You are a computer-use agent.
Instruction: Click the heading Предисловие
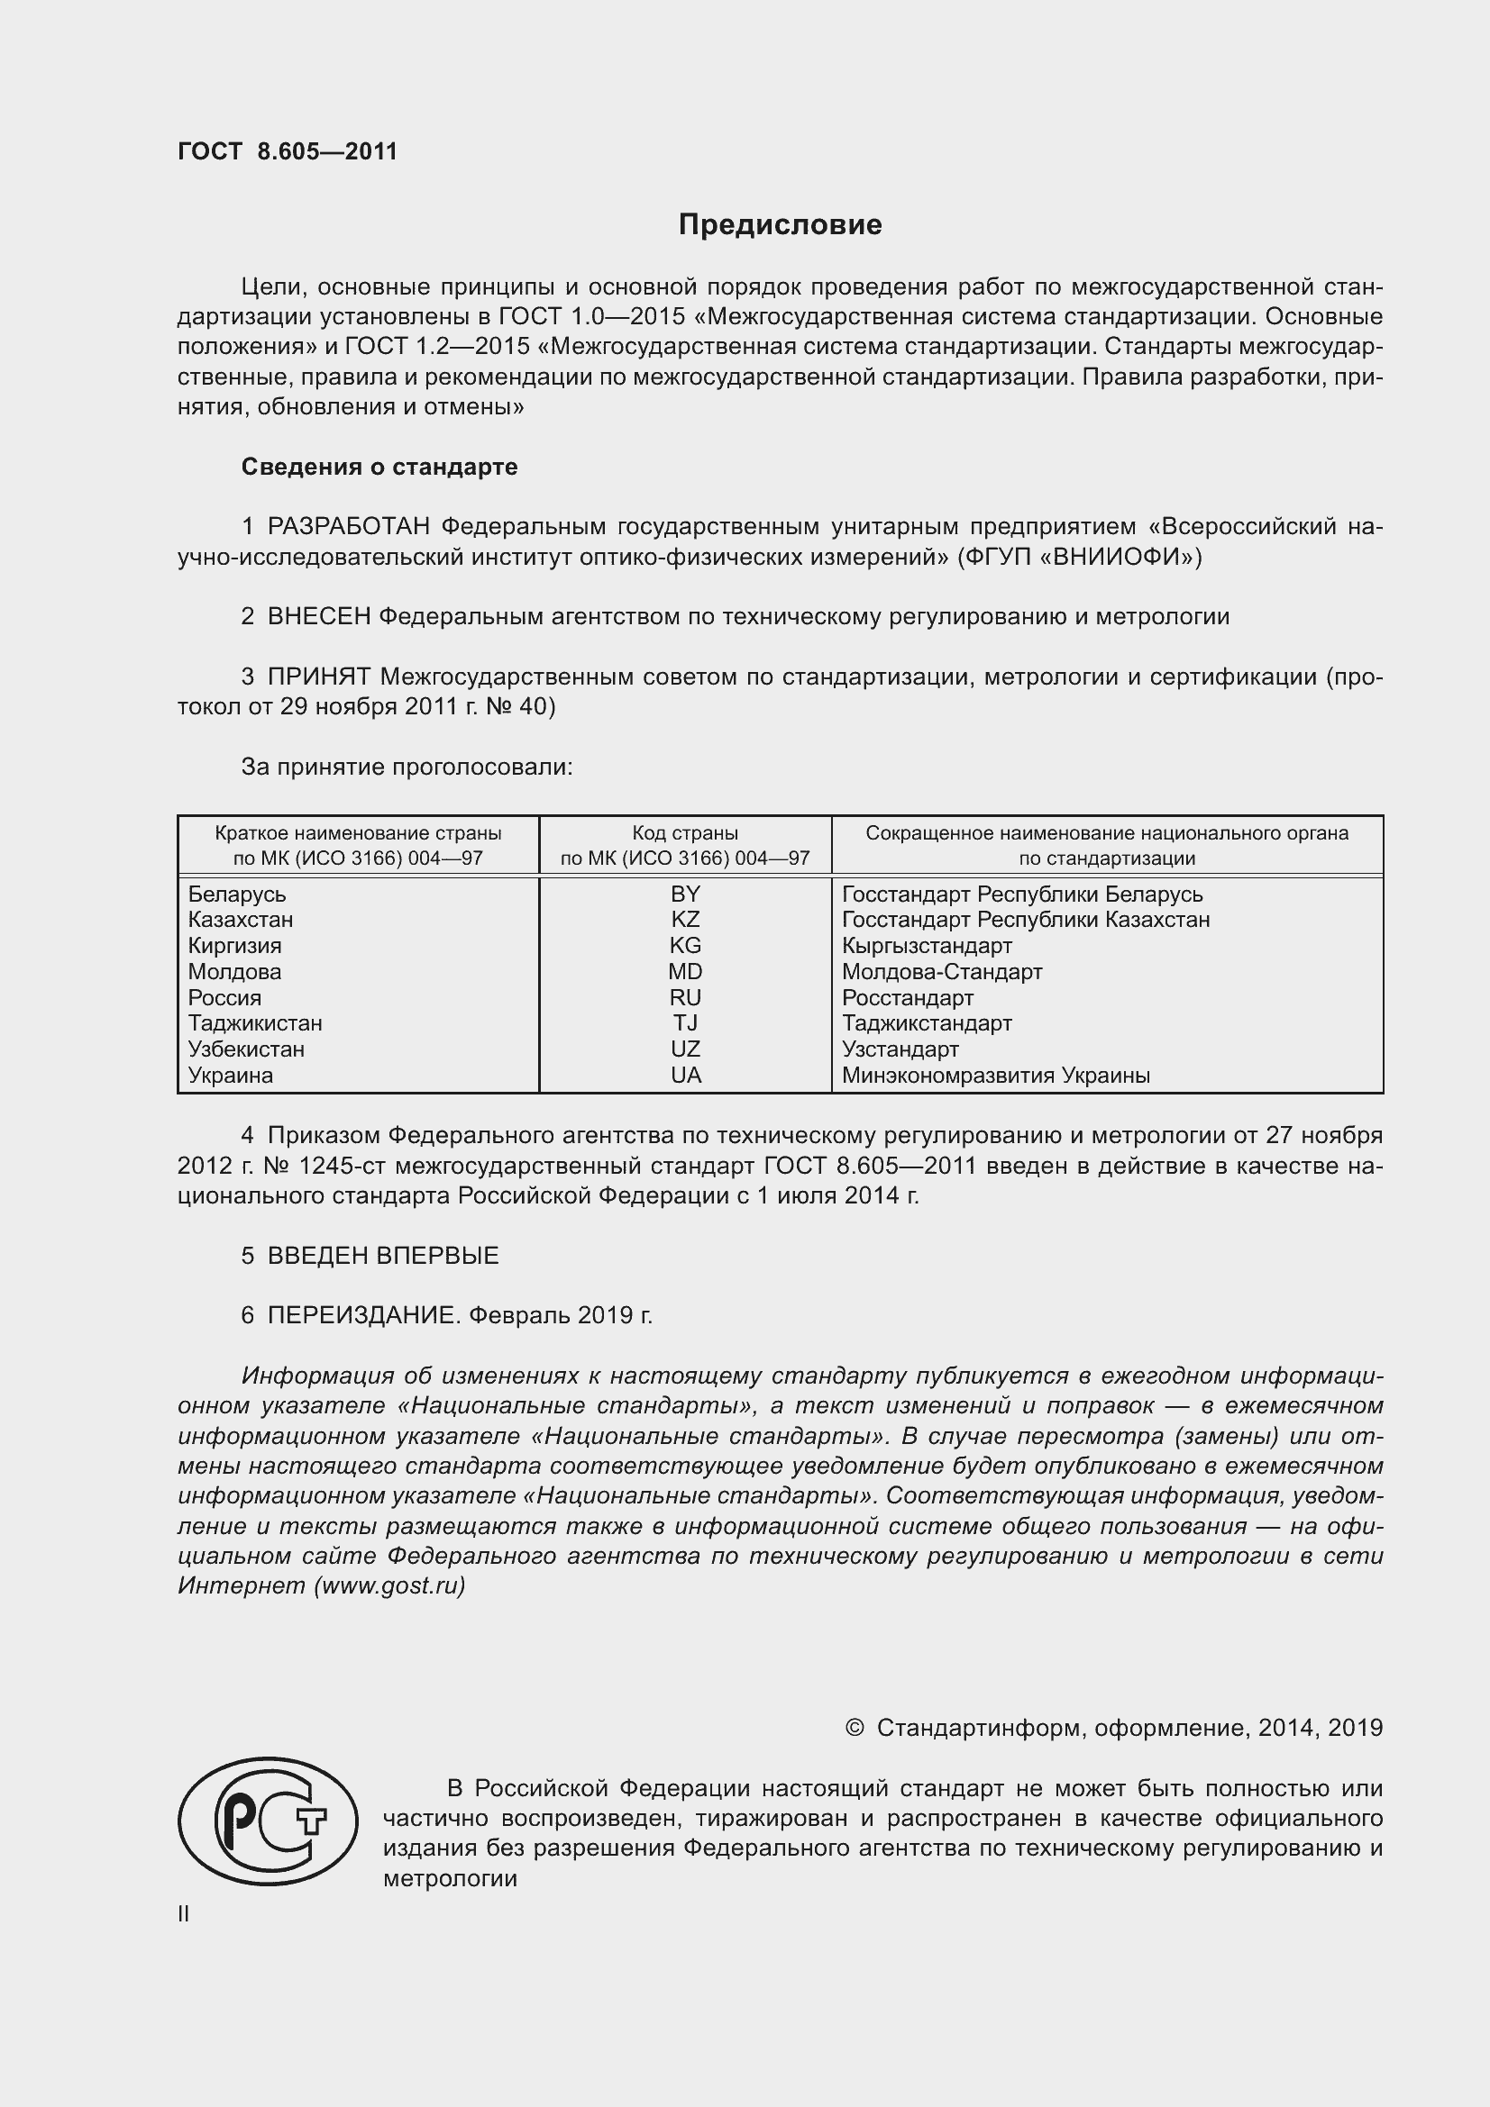click(x=780, y=225)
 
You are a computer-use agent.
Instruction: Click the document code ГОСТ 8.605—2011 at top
click(x=288, y=151)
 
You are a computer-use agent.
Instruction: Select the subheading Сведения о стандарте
click(x=379, y=468)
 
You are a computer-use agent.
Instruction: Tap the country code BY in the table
click(x=685, y=894)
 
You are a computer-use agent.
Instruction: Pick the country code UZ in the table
click(x=685, y=1049)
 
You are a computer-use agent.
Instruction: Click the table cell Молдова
click(x=235, y=972)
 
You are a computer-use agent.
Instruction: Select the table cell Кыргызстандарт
click(x=927, y=946)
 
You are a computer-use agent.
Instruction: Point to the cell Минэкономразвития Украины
click(x=995, y=1076)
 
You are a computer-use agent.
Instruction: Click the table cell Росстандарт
click(x=907, y=997)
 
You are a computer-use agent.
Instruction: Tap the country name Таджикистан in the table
click(x=255, y=1023)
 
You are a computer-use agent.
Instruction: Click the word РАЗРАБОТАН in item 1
click(x=349, y=527)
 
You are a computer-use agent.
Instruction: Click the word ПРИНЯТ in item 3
click(x=318, y=677)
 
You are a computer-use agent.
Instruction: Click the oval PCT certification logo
click(x=268, y=1821)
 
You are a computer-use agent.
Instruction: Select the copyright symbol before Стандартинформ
click(x=854, y=1729)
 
